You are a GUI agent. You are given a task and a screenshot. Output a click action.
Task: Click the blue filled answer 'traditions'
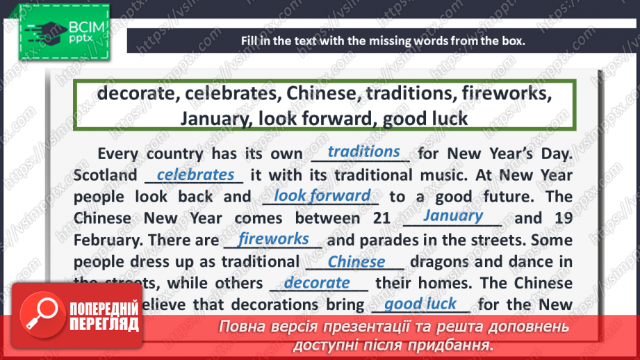coord(363,152)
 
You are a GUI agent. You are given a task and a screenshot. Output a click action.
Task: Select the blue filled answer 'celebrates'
coord(195,174)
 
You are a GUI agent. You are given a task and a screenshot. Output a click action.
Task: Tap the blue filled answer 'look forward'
coord(322,196)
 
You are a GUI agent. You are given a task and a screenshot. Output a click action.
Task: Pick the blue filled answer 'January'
coord(453,215)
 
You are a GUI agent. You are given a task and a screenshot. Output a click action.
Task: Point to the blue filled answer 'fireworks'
coord(273,239)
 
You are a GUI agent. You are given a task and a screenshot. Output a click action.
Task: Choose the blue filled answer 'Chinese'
coord(356,262)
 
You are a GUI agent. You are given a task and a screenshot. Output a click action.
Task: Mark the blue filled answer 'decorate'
coord(317,283)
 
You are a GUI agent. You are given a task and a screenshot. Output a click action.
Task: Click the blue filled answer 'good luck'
coord(420,304)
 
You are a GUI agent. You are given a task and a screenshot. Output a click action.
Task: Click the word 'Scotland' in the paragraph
coord(105,175)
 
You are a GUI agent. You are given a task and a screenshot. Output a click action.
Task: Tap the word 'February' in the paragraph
coord(104,240)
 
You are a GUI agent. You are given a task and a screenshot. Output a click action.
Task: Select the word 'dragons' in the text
coord(441,262)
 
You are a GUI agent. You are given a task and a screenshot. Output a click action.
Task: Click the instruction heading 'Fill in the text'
coord(383,40)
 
